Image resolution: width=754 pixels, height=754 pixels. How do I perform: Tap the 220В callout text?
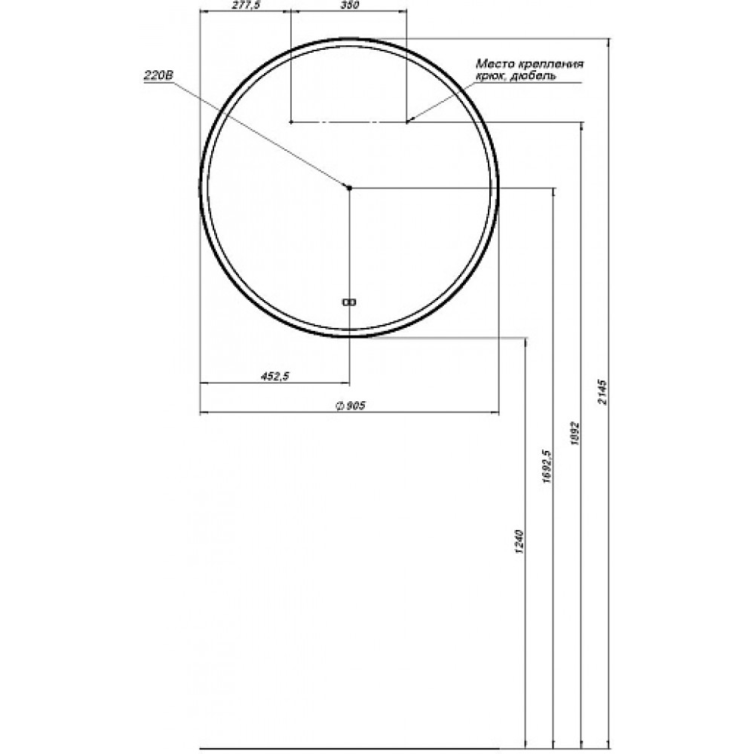[x=158, y=75]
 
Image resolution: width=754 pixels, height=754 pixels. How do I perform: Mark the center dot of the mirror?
[x=349, y=188]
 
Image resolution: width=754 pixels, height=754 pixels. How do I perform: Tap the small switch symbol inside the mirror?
[x=348, y=302]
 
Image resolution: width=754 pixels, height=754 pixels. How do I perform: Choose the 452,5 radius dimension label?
[x=275, y=376]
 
